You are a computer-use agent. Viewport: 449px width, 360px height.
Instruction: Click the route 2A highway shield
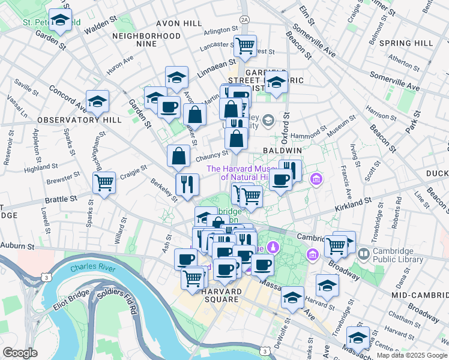(244, 19)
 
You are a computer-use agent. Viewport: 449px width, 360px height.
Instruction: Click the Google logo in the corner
(20, 353)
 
